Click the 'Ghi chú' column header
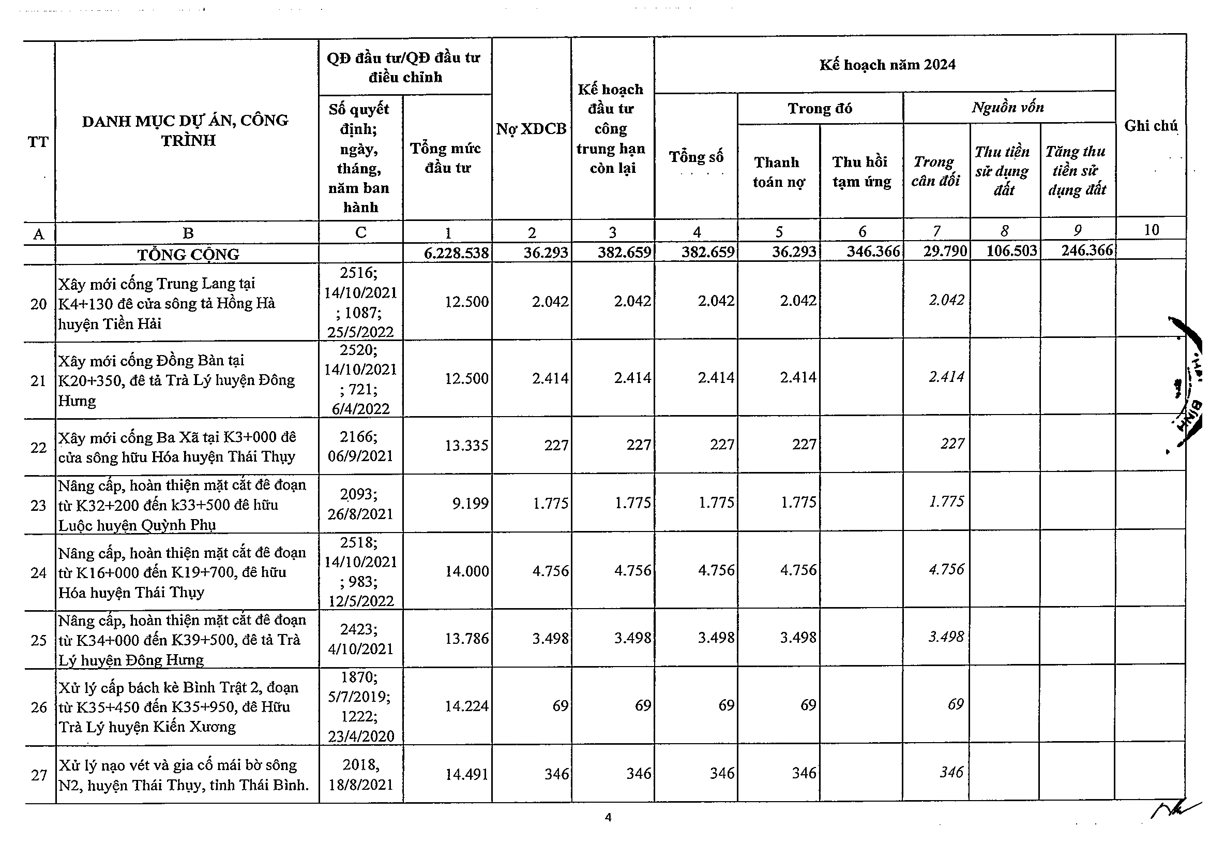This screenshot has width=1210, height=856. pos(1151,126)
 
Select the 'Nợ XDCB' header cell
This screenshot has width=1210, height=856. pos(531,129)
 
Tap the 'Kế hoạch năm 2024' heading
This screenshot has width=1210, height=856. pos(887,65)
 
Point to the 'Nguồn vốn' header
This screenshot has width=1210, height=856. pos(1008,108)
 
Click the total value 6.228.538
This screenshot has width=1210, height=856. pos(457,253)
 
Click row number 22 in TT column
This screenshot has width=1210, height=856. pos(38,447)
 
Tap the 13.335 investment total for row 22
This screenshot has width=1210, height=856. pos(467,446)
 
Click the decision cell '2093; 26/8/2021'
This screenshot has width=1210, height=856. pos(360,504)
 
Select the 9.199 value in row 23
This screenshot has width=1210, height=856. pos(471,503)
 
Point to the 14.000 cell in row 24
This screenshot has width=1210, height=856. pos(467,571)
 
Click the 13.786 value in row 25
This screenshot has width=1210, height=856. pos(467,639)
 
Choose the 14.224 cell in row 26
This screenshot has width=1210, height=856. pos(467,706)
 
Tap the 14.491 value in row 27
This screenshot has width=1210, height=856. pos(467,774)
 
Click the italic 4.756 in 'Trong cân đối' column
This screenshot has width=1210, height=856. pos(946,570)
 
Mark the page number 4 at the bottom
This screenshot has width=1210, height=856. pos(608,818)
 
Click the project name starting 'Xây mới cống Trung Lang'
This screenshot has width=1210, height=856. pos(166,303)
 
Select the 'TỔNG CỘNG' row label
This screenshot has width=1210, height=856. pos(188,254)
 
